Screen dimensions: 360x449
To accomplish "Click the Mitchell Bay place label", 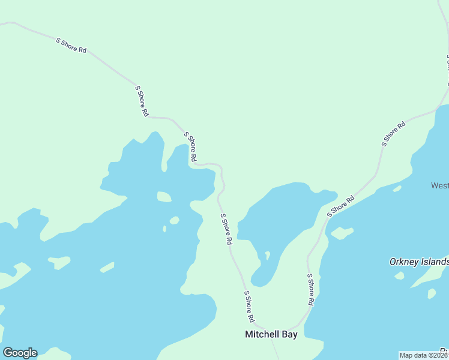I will coord(271,335).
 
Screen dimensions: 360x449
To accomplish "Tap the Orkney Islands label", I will coord(419,262).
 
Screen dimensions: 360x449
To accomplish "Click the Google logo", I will coord(20,353).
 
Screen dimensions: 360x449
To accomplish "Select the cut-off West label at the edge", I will coord(439,185).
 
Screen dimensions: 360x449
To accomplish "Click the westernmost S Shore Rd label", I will coord(71,46).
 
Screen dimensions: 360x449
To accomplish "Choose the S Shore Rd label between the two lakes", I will coord(226,229).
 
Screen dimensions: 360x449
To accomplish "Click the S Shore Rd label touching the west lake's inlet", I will coord(190,147).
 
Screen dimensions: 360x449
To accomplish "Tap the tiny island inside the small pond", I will coord(267,254).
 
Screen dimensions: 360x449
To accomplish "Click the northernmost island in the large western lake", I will coord(164,196).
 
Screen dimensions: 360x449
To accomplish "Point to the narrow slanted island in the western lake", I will coord(107,267).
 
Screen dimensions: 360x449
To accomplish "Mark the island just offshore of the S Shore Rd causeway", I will coord(342,232).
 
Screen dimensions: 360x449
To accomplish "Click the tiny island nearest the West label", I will coord(397,188).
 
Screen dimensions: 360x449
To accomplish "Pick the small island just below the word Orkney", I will coord(399,276).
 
